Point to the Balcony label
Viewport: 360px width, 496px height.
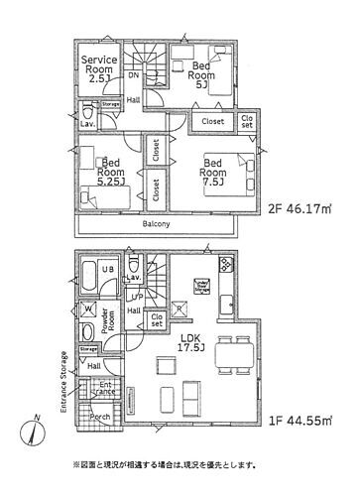point(155,224)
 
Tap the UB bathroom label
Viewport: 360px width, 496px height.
point(104,271)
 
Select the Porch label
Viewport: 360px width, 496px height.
point(99,417)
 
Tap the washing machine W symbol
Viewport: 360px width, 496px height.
point(88,308)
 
